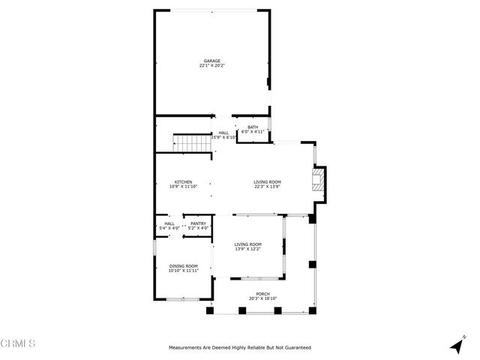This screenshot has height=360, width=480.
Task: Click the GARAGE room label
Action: pos(212,61)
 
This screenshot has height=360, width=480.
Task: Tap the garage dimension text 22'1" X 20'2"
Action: pos(212,66)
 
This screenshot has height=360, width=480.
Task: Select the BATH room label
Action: pos(253,127)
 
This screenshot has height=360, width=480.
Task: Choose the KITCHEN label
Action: pos(184,181)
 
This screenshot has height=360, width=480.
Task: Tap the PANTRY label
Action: pos(198,223)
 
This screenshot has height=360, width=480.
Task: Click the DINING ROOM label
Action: pos(182,265)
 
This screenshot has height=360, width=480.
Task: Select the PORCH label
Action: pos(262,294)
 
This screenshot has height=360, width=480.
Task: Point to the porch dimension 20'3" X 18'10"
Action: pos(262,299)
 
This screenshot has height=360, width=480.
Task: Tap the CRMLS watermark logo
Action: pos(19,344)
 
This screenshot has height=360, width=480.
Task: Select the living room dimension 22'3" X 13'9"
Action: pos(267,187)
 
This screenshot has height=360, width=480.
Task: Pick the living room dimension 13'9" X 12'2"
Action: pos(247,249)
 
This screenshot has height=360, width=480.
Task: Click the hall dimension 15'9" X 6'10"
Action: pos(223,137)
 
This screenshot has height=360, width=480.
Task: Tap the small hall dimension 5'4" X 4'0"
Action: pos(169,228)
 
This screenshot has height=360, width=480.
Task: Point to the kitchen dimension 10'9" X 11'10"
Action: pos(184,187)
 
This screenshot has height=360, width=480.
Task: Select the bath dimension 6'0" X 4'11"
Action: pos(253,132)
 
